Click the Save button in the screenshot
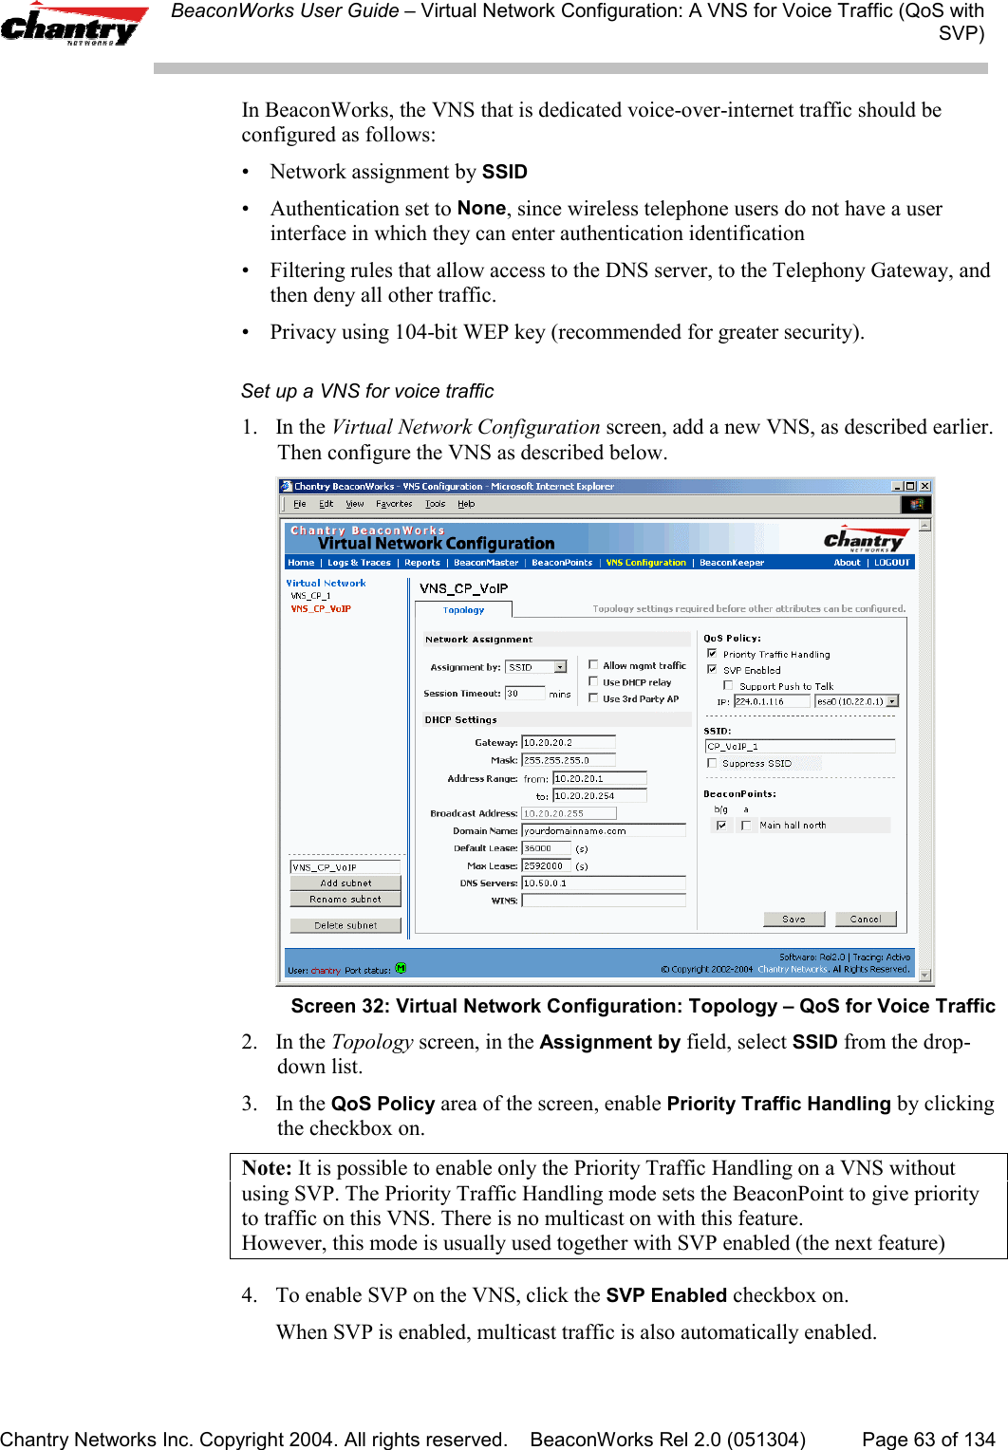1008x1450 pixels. tap(793, 919)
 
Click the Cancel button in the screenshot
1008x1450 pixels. tap(865, 919)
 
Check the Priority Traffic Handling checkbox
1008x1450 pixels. tap(713, 654)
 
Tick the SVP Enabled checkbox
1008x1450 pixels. tap(713, 669)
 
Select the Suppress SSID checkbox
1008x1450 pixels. tap(712, 763)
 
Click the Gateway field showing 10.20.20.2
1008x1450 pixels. tap(568, 742)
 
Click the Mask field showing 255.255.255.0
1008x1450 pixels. tap(568, 760)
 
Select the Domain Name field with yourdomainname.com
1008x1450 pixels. tap(603, 830)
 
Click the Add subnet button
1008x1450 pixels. tap(345, 883)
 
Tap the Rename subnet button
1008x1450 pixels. tap(345, 899)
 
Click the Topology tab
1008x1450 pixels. tap(463, 610)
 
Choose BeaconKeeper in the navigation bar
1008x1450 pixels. tap(732, 563)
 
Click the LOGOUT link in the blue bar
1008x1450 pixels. tap(891, 563)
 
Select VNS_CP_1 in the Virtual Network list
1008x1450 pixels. tap(310, 596)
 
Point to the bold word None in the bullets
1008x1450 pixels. tap(481, 209)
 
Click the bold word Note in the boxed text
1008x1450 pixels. tap(266, 1168)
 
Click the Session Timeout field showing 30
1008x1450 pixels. tap(524, 694)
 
